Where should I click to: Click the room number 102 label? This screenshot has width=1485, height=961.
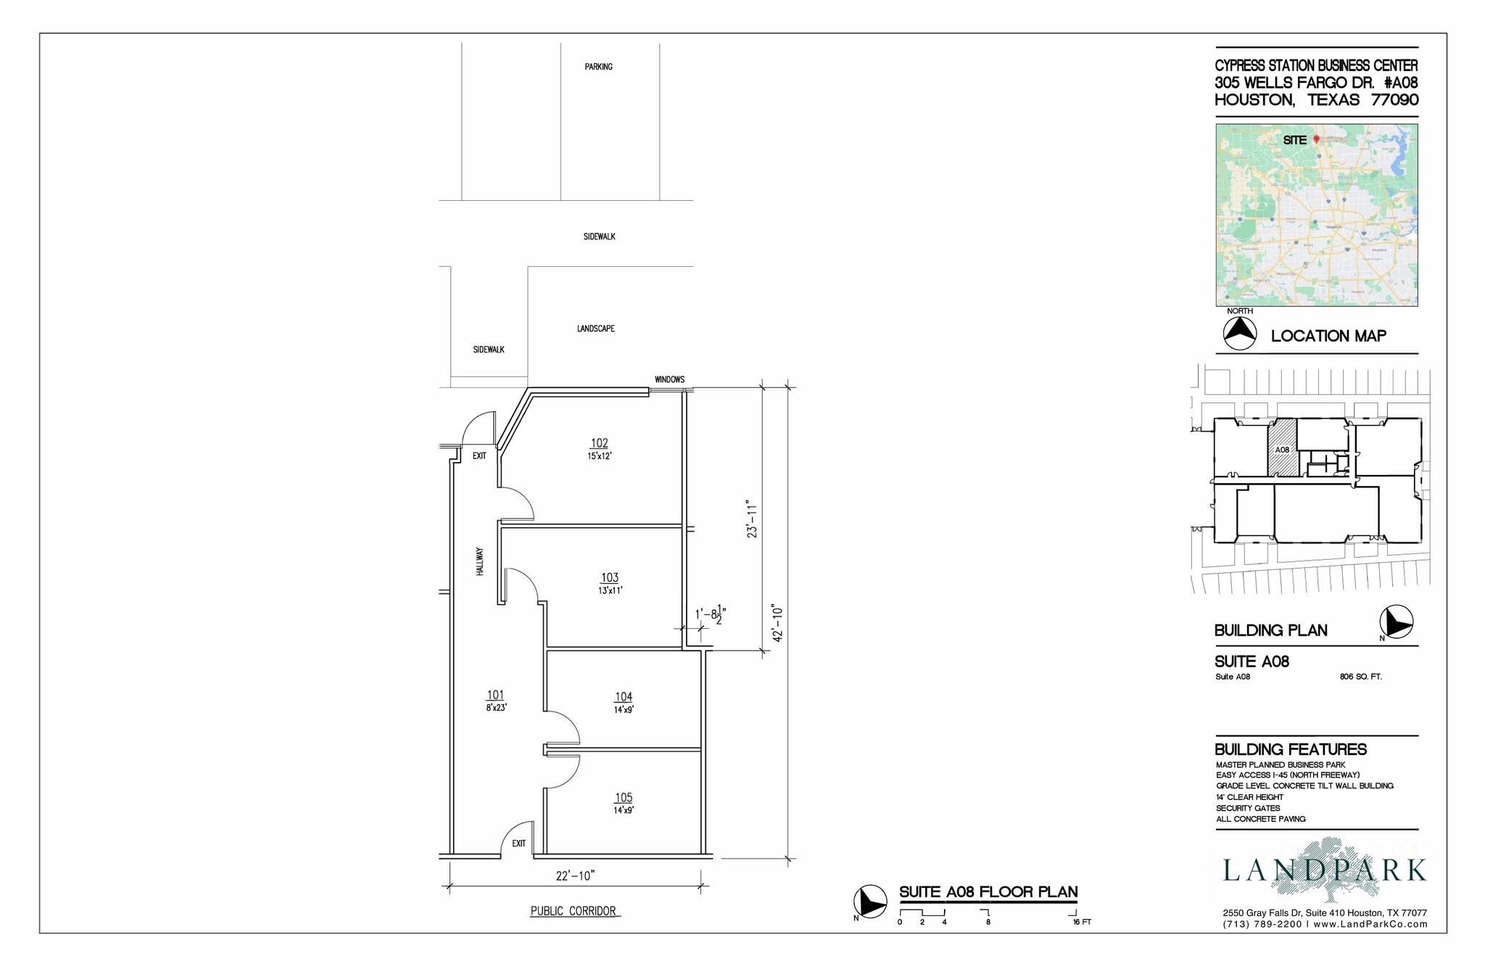tap(599, 443)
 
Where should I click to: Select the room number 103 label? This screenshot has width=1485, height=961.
tap(609, 578)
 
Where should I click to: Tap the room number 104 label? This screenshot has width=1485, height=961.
tap(624, 697)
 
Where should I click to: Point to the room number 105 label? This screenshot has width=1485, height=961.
tap(624, 798)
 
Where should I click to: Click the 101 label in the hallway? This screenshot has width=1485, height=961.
tap(495, 696)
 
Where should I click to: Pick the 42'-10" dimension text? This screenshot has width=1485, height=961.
tap(778, 623)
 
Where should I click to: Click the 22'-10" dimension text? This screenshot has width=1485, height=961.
tap(575, 876)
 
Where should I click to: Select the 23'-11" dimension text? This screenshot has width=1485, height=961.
tap(752, 519)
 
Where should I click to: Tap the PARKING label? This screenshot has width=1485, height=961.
tap(598, 67)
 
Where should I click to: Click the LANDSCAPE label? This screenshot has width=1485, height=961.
tap(595, 329)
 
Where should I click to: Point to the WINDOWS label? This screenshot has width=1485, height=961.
tap(669, 379)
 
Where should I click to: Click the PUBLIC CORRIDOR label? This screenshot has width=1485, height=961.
tap(573, 912)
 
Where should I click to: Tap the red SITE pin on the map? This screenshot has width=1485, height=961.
tap(1316, 139)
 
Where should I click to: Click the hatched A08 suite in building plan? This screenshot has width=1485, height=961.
tap(1282, 450)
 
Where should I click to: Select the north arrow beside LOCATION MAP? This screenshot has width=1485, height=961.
tap(1239, 334)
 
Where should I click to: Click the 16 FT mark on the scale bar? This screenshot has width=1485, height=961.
tap(1081, 922)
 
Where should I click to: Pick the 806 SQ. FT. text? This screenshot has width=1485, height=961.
tap(1360, 677)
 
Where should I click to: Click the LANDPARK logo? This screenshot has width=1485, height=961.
tap(1324, 870)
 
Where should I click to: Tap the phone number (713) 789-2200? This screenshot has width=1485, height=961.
tap(1262, 925)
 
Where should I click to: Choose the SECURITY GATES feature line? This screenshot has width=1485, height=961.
tap(1248, 808)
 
